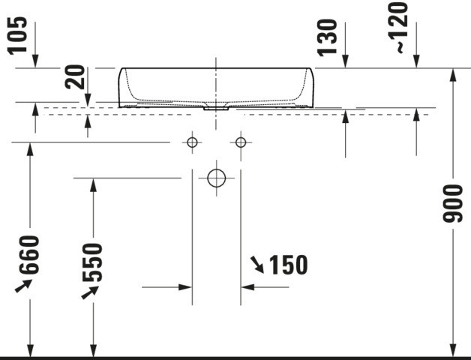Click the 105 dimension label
[x=17, y=36]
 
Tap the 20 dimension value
[x=75, y=77]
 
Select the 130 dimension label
[x=327, y=37]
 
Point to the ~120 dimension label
[x=398, y=28]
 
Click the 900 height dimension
[x=453, y=204]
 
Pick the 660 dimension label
[x=29, y=255]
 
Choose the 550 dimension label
[x=92, y=262]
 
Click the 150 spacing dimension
[x=288, y=265]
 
